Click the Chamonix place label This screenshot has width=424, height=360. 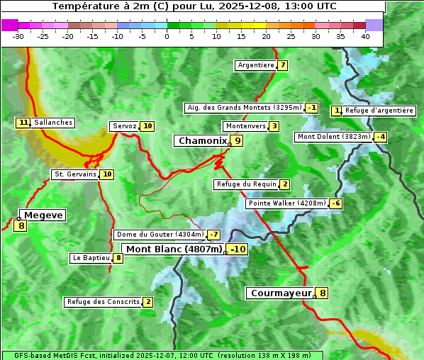[201, 141]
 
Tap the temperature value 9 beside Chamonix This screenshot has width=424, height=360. [238, 141]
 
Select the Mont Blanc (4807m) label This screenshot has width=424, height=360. [174, 249]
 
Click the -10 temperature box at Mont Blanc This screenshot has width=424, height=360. [238, 249]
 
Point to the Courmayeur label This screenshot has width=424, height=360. [281, 293]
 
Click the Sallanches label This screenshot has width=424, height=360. [52, 123]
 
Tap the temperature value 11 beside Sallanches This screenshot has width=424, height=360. [23, 123]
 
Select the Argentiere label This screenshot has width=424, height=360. [255, 65]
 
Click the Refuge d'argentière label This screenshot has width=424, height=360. [379, 111]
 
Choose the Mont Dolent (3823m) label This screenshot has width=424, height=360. [333, 137]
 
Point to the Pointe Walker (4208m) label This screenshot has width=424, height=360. [286, 203]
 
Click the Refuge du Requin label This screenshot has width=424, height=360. [246, 184]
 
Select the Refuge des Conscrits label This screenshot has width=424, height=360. [103, 302]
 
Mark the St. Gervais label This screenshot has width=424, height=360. [74, 174]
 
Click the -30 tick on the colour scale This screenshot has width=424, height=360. [18, 36]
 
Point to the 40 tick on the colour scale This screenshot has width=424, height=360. [365, 36]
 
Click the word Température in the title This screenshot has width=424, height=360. [84, 6]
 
